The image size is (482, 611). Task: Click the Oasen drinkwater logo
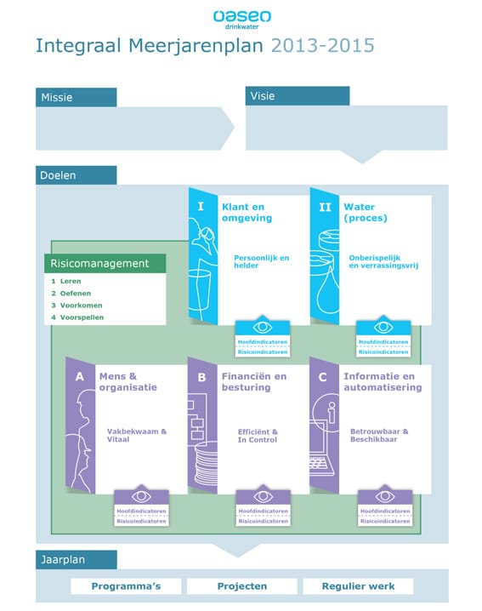pos(241,20)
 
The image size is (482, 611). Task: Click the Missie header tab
pos(76,97)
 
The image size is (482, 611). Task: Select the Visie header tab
pos(298,96)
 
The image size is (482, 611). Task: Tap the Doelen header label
pos(76,175)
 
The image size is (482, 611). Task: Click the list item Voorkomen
pos(81,305)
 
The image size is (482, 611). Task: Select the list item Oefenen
pos(75,293)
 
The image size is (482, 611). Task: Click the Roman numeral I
pos(201,206)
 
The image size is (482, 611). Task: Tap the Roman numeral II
pos(325,207)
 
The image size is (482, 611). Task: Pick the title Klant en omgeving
pos(247,213)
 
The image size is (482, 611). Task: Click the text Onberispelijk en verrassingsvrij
pos(383,261)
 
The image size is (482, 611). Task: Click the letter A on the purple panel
pos(79,376)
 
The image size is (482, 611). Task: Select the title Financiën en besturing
pos(254,382)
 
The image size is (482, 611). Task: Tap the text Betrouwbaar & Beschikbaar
pos(379,435)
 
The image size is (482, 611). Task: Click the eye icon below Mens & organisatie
pos(141,496)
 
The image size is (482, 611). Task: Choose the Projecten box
pos(242,586)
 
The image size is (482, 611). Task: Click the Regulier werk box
pos(358,586)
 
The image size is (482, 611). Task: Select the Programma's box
pos(126,586)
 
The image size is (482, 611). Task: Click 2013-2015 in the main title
pos(323,46)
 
